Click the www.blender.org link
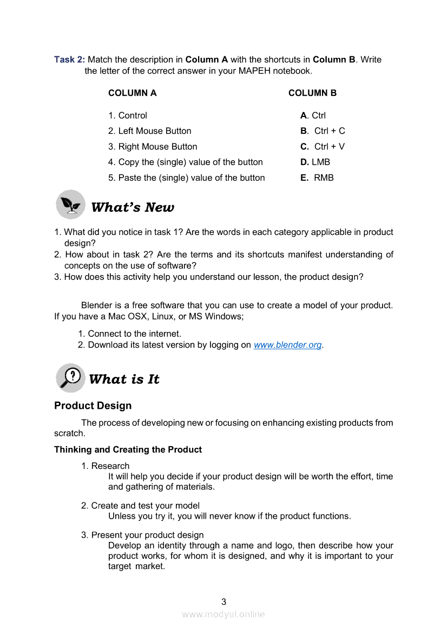point(288,345)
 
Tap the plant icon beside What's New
point(70,205)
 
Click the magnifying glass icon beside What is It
point(70,377)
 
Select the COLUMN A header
point(132,93)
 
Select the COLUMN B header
point(312,93)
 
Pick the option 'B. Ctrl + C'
point(323,131)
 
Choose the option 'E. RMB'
point(317,178)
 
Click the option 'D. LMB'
point(315,162)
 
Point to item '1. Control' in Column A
point(128,115)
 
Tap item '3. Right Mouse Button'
point(153,147)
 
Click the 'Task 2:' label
point(69,60)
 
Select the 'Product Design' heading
point(93,406)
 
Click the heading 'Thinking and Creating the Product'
point(128,449)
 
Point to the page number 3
point(223,602)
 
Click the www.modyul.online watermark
point(223,614)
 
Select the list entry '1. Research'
point(106,466)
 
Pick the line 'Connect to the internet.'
point(134,334)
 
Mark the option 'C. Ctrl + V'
point(323,147)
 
